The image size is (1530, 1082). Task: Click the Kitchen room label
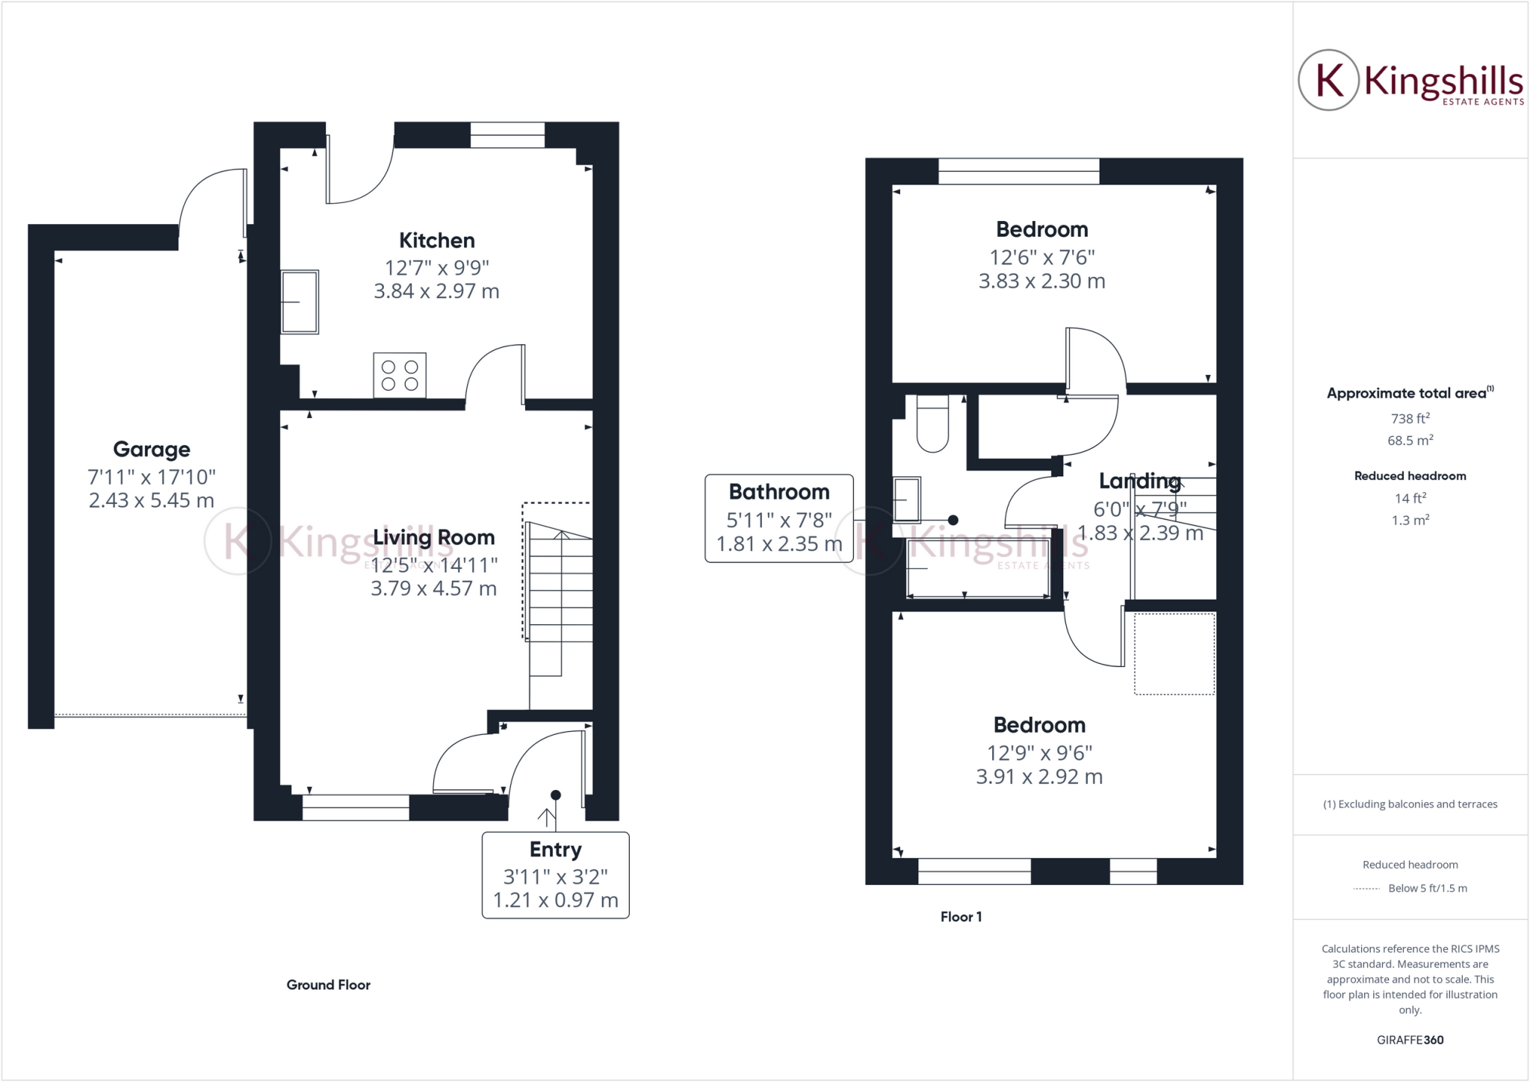click(x=436, y=240)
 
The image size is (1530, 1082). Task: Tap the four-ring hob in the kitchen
click(x=400, y=375)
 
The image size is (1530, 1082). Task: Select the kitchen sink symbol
click(x=300, y=302)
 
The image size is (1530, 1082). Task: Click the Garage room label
click(x=152, y=450)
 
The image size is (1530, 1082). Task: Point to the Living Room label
click(x=433, y=538)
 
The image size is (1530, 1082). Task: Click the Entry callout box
click(x=555, y=875)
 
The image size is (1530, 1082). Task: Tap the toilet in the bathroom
click(x=932, y=423)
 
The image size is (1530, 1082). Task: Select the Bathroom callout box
click(x=778, y=518)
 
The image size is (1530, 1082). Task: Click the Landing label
click(x=1139, y=482)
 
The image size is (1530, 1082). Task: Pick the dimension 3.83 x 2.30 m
click(x=1041, y=282)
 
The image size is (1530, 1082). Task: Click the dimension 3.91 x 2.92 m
click(x=1038, y=777)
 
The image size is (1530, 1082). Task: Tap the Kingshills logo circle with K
click(x=1328, y=80)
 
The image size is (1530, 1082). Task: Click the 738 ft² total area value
click(x=1410, y=419)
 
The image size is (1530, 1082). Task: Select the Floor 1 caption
click(x=961, y=917)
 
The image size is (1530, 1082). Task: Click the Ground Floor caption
click(x=328, y=985)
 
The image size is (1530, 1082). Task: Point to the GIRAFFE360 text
click(x=1410, y=1040)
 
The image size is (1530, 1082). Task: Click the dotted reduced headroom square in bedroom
click(x=1174, y=654)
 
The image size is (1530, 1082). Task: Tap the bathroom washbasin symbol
click(x=907, y=499)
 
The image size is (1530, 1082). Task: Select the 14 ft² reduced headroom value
click(x=1410, y=498)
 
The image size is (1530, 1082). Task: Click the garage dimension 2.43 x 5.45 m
click(x=152, y=501)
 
